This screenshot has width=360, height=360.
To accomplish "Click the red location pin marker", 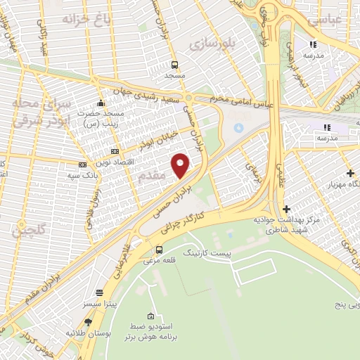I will click(x=181, y=165).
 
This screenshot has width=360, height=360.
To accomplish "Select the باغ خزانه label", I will click(x=87, y=18).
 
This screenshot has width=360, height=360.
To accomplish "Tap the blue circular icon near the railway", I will click(x=238, y=127).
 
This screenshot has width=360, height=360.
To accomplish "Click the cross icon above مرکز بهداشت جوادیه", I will click(x=286, y=208).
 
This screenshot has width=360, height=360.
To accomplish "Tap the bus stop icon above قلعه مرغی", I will click(x=159, y=250).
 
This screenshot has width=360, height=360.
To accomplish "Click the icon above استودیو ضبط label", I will click(x=150, y=317).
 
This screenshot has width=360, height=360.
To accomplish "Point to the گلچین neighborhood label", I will click(x=32, y=230).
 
